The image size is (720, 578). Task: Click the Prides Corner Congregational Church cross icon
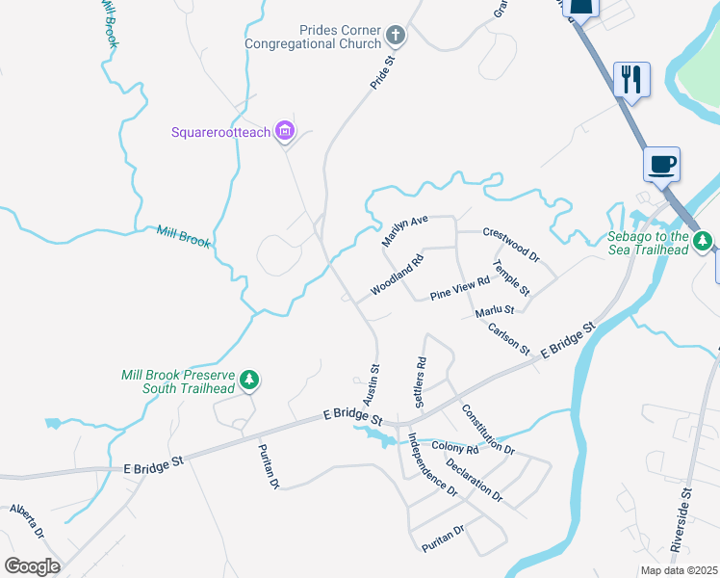tap(395, 37)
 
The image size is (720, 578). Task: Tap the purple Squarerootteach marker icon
tap(284, 131)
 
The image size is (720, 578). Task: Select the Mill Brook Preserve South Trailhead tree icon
tap(249, 381)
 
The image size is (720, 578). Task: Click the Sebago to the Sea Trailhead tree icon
tap(704, 240)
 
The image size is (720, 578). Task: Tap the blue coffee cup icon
tap(661, 164)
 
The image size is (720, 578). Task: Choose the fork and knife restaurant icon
tap(631, 79)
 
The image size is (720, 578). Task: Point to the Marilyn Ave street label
tap(404, 231)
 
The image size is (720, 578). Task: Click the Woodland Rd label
tap(397, 276)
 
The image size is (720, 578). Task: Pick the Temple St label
tap(510, 277)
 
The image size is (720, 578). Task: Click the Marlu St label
tap(495, 310)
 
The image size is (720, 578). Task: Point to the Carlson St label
tap(508, 338)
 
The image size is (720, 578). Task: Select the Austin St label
tap(371, 383)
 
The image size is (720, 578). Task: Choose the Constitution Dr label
tap(487, 430)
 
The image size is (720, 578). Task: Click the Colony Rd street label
tap(455, 449)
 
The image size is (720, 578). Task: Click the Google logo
tap(32, 565)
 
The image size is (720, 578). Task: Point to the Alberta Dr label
tap(27, 520)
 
